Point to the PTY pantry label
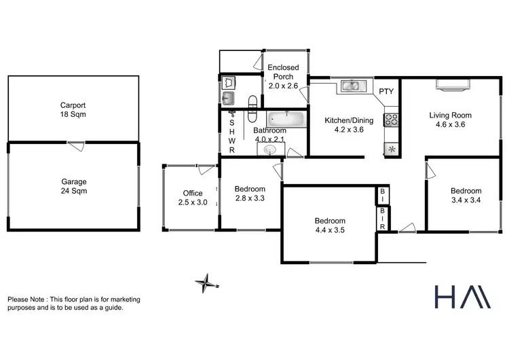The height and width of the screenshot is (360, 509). coord(386,91)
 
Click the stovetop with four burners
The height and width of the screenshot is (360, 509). coord(392,120)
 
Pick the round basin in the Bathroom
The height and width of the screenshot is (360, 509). coord(271,149)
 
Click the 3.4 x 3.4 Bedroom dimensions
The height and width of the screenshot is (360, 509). coord(466,200)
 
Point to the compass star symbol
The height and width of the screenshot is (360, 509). coord(205,282)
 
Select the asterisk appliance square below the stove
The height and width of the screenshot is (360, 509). coord(392,149)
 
